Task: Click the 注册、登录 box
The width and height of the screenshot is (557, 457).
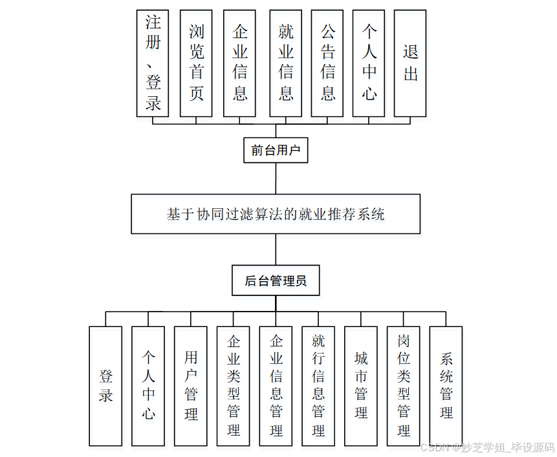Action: (153, 63)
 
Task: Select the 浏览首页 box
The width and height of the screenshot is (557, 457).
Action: (196, 63)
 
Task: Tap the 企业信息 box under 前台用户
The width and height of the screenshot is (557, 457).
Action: (239, 63)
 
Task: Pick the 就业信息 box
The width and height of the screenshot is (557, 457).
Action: (285, 63)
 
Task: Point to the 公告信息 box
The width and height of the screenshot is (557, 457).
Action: (327, 63)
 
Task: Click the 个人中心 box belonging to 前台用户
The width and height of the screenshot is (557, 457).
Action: (369, 63)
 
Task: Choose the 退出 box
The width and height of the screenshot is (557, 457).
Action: (410, 63)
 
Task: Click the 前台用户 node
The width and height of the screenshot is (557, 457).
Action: (276, 151)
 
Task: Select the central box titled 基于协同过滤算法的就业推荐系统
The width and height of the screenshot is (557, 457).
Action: (276, 213)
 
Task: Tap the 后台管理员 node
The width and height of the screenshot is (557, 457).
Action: (276, 281)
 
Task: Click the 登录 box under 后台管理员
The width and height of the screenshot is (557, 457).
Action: (105, 386)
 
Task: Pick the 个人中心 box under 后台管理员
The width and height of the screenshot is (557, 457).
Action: (148, 386)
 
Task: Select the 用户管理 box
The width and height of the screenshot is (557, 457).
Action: (191, 386)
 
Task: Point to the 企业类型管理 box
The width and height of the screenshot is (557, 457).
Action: (234, 386)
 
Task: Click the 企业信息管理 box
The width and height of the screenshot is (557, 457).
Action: (276, 386)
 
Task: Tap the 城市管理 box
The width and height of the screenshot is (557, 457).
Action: (361, 386)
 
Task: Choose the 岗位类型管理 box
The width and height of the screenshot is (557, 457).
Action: (404, 386)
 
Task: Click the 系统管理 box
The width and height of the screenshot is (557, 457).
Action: (446, 386)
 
